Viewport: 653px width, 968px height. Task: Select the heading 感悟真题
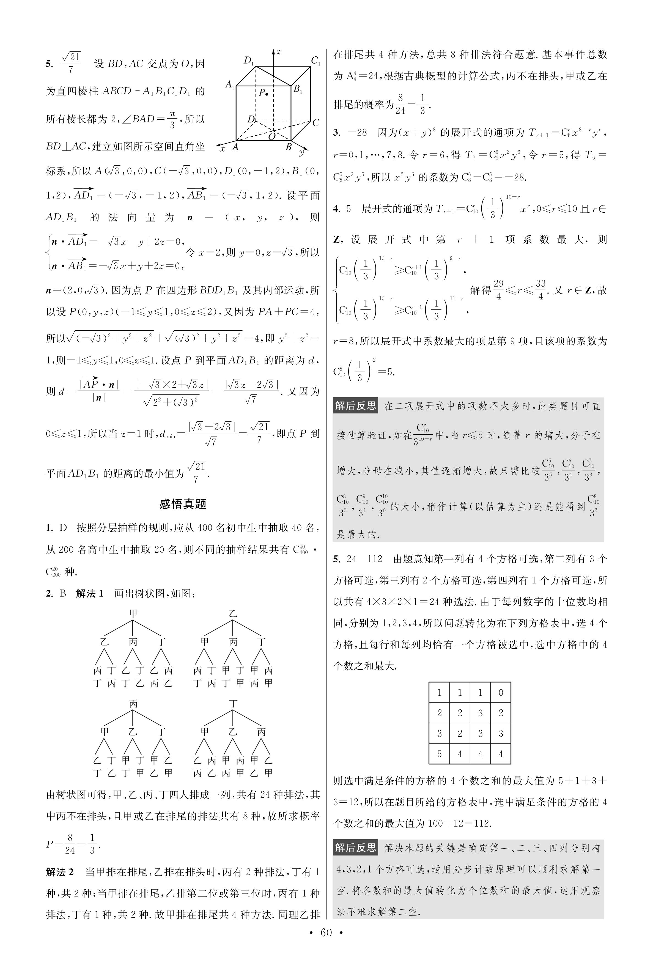click(183, 504)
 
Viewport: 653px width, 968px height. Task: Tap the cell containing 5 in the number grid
click(439, 754)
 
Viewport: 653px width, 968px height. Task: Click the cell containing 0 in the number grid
click(501, 692)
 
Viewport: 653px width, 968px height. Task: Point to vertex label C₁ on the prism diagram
click(316, 61)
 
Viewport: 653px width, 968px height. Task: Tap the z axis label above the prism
click(279, 52)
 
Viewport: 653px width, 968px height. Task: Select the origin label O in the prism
click(271, 136)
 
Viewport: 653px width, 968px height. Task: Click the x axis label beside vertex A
click(222, 149)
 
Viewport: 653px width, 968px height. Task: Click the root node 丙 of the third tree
click(133, 704)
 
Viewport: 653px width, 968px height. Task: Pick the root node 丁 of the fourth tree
click(233, 704)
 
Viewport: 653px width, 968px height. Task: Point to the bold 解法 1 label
click(90, 593)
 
